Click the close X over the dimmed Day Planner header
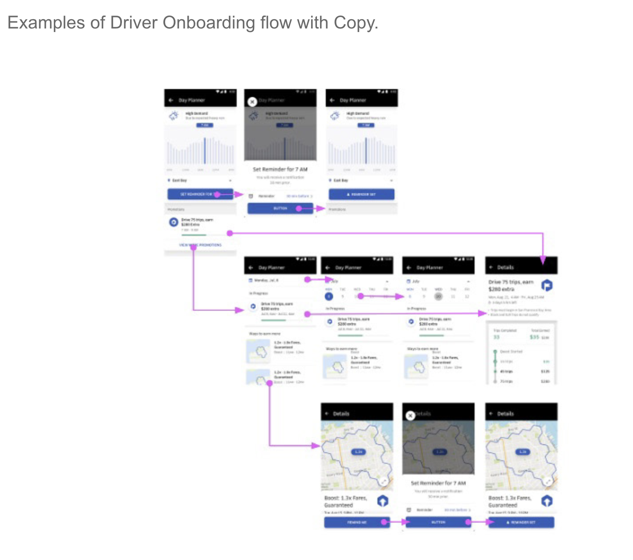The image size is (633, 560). point(252,102)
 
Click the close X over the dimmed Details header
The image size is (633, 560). point(410,416)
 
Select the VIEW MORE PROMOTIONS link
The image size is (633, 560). point(200,245)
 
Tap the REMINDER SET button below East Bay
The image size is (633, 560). point(361,194)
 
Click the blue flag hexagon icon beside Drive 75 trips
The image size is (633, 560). point(547,285)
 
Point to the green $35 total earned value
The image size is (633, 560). point(534,337)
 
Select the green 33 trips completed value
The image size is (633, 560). point(496,337)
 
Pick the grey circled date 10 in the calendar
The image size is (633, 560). point(438,296)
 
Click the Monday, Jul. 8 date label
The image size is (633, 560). point(266,280)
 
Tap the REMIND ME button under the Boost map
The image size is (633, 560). point(357,522)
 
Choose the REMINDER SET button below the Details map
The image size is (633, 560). point(521,522)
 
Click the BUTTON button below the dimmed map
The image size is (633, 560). point(438,522)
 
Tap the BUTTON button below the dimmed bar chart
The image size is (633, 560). point(280,208)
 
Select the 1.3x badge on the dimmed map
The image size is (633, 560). point(440,452)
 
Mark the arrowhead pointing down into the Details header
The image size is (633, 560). point(543,260)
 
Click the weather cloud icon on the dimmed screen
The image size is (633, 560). point(254,116)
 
